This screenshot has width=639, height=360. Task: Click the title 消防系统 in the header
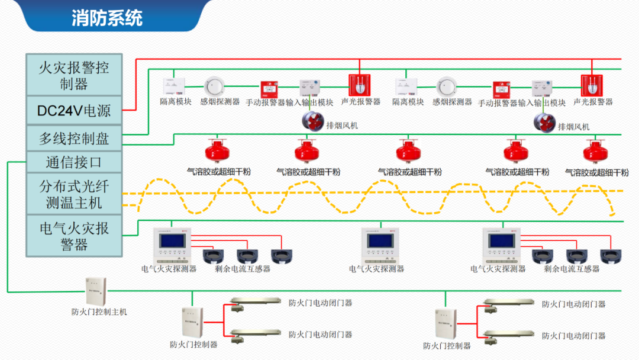pos(107,18)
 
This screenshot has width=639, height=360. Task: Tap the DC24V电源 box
pos(74,110)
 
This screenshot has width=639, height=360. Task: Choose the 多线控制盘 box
pos(74,139)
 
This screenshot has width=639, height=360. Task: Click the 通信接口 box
pos(74,162)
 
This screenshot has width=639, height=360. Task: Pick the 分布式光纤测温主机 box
pos(74,194)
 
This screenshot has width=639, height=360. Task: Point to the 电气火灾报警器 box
pos(74,236)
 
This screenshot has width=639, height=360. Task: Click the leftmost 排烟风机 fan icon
pos(312,121)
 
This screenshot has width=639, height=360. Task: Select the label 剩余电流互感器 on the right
pos(572,268)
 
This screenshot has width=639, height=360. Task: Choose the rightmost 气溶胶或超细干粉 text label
pos(596,173)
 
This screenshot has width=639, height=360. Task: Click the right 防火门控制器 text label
pos(447,346)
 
